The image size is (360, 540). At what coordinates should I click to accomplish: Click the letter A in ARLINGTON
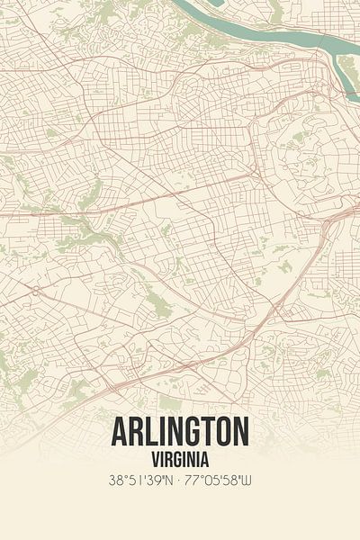click(121, 433)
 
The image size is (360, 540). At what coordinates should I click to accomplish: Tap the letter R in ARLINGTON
click(137, 433)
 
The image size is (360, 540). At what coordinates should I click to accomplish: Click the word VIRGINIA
click(180, 456)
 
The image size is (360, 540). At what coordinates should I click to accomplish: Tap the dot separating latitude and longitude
click(180, 481)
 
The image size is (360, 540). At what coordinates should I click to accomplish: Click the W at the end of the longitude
click(248, 481)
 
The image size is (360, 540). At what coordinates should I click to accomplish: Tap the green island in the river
click(348, 65)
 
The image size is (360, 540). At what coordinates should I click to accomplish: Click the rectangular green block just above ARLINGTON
click(169, 401)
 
